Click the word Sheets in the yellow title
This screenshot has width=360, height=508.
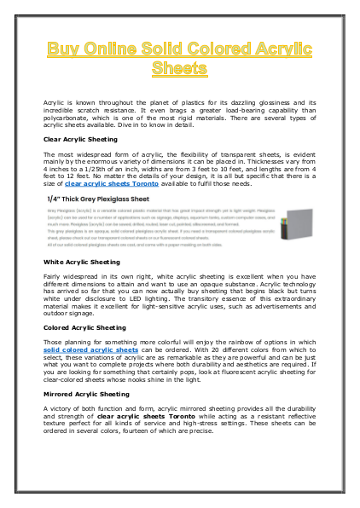coord(179,66)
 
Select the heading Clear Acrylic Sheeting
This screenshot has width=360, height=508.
coord(81,138)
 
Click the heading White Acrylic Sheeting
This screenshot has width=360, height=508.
coord(82,262)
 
